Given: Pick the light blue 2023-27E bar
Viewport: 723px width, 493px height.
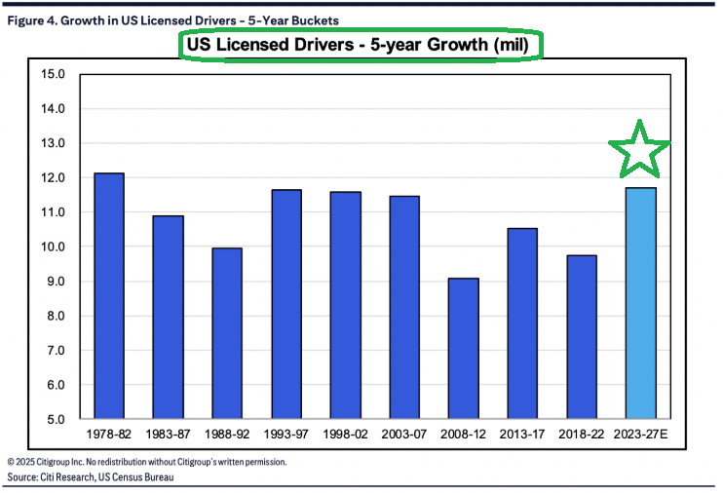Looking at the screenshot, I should coord(640,303).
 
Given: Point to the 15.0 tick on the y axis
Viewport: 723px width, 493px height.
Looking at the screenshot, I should coord(52,74).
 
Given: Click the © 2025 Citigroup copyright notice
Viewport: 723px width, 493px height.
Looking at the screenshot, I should coord(146,461).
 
